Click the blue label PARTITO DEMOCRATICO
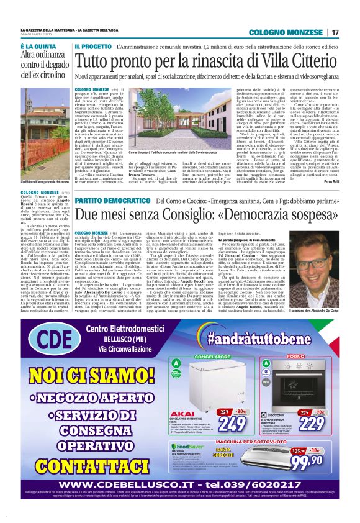click(115, 202)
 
